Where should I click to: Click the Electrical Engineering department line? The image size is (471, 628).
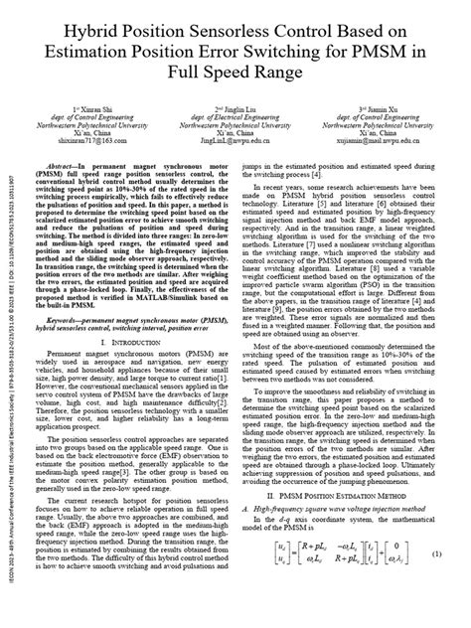click(x=242, y=114)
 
